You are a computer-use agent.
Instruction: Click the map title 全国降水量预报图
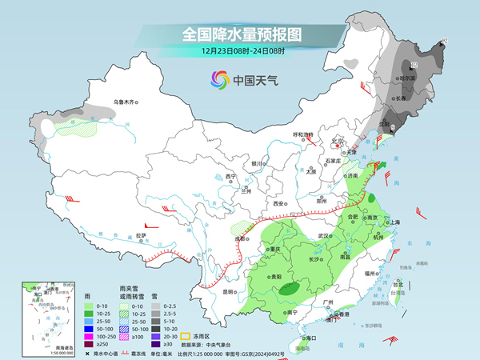[241, 34]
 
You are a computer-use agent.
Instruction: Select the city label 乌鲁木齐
[126, 102]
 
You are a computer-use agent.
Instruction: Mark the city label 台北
[398, 283]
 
